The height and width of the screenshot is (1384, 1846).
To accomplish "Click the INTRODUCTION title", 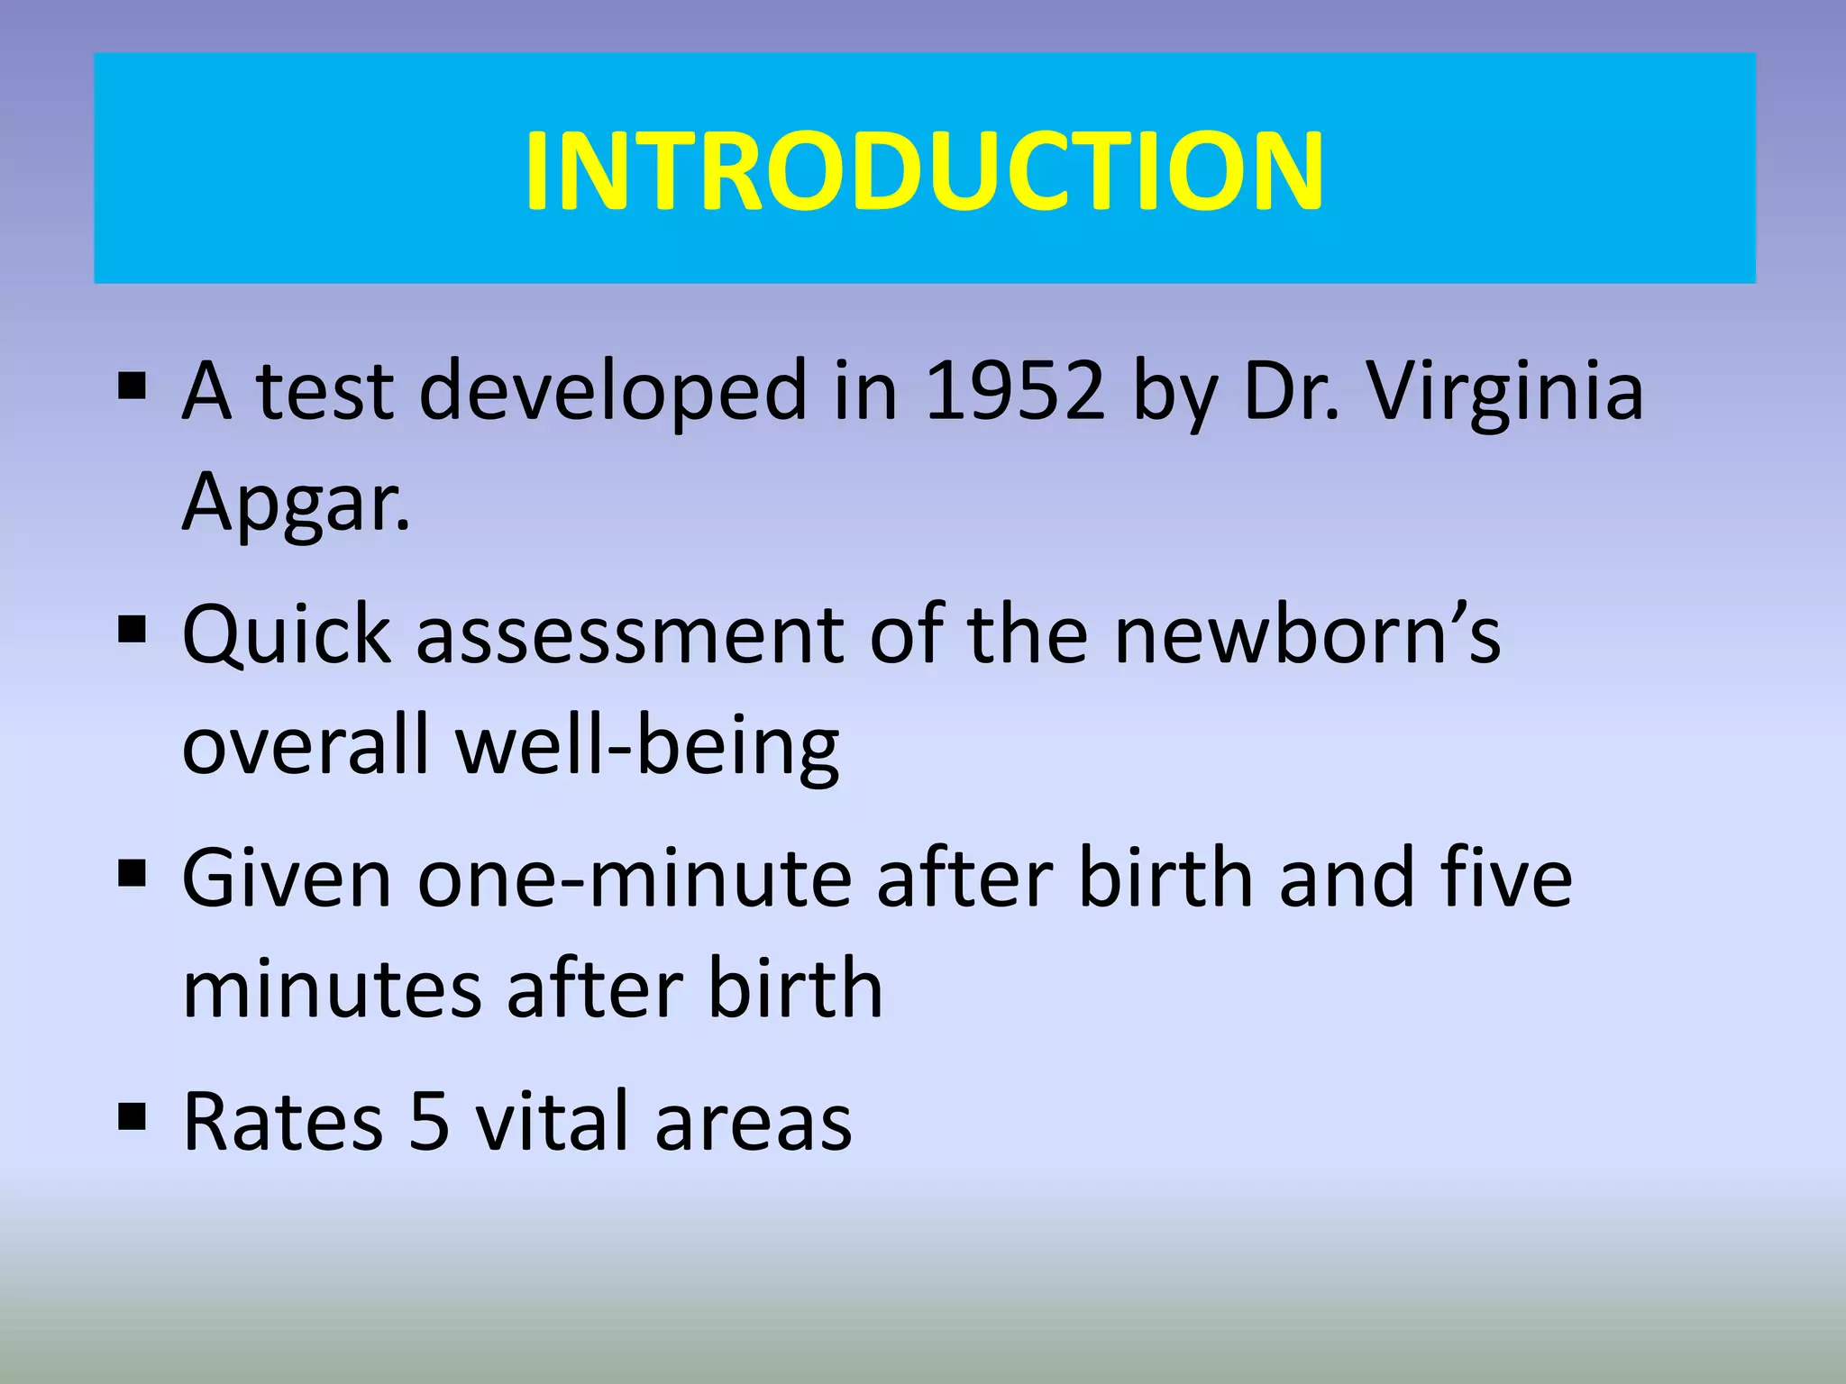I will coord(924,171).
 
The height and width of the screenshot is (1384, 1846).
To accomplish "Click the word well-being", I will coord(647,747).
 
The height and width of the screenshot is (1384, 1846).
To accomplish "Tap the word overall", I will coord(306,747).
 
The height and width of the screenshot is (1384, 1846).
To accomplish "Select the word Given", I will coord(287,879).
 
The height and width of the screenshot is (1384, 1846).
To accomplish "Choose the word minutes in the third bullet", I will coord(332,990).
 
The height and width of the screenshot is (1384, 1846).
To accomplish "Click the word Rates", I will coord(282,1123).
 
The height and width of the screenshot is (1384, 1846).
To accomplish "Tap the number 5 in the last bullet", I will coord(429,1123).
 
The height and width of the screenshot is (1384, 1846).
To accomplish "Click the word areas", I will coord(753,1123).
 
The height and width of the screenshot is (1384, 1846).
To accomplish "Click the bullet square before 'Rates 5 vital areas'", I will coord(132,1117).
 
